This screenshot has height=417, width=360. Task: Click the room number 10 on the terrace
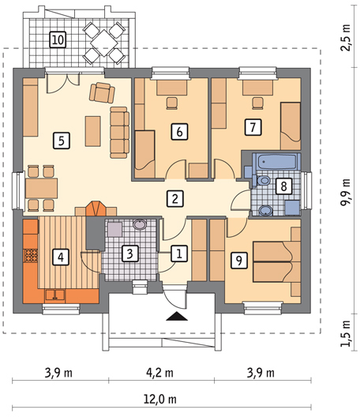coord(58,39)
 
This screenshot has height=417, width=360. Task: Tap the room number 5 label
coord(62,141)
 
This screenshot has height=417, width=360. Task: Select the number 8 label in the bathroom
coord(284,186)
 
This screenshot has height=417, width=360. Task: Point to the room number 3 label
coord(129,254)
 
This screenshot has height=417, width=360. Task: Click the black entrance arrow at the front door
coord(177,316)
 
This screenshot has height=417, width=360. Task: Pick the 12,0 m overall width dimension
coord(160,399)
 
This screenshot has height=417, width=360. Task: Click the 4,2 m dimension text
coord(159,373)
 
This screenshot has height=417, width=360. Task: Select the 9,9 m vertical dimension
coord(346,192)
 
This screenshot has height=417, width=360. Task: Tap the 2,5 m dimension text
coord(346,38)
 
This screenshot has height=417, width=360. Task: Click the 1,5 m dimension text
coord(346,333)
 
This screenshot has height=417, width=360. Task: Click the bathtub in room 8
coord(276,161)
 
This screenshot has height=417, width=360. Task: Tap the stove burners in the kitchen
coord(31,255)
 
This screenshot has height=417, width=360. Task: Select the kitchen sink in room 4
coord(55,295)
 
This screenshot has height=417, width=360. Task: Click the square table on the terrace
coord(104,43)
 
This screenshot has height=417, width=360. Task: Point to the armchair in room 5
coord(102,93)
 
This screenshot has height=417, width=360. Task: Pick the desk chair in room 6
coord(172,103)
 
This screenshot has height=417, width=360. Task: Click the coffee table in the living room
coord(93,131)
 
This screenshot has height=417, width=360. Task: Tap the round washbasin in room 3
coord(140,224)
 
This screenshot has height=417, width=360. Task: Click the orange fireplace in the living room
coord(96,208)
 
